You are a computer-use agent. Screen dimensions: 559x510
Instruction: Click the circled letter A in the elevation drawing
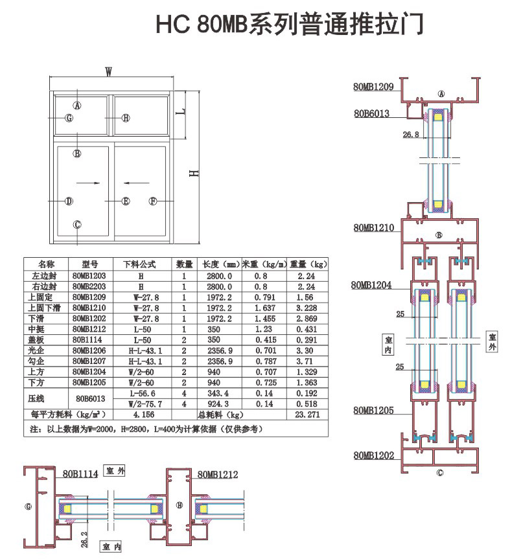[x=77, y=105]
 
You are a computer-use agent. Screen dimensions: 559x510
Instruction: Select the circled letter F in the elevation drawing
[x=153, y=201]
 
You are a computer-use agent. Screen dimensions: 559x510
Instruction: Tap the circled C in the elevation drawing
[x=77, y=224]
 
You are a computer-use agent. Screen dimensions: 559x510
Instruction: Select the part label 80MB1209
[x=373, y=86]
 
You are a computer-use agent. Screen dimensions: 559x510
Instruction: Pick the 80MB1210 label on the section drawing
[x=373, y=228]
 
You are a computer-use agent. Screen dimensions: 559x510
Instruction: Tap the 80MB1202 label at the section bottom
[x=373, y=455]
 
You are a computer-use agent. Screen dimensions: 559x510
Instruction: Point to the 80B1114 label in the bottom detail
[x=80, y=474]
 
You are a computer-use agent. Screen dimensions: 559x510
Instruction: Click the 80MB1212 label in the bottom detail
[x=218, y=475]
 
